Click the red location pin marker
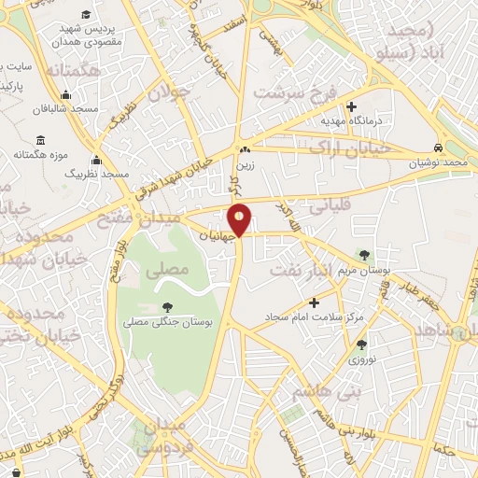pos(240,219)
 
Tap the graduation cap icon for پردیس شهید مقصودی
pos(87,15)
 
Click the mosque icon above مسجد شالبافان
pos(65,94)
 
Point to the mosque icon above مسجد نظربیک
pos(96,161)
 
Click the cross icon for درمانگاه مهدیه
pos(351,106)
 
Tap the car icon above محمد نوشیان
pos(438,148)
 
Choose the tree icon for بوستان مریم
pos(364,255)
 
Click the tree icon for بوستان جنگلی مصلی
pos(167,306)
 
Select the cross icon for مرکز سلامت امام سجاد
pos(314,302)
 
